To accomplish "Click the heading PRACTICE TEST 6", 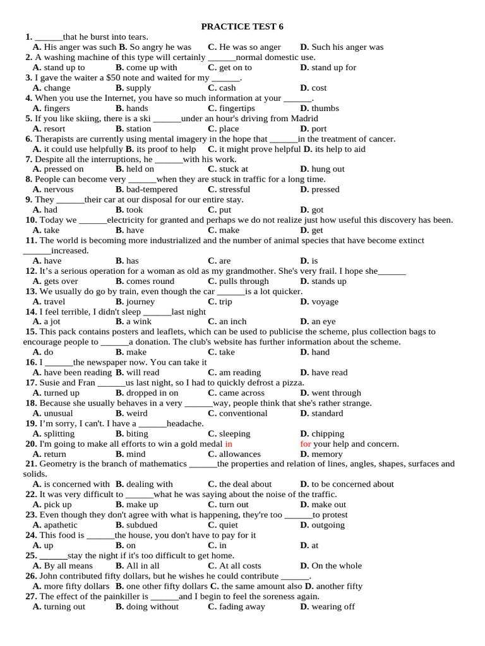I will tap(242, 26).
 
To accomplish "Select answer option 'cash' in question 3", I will tap(227, 88).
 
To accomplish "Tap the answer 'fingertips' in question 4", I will tap(237, 109).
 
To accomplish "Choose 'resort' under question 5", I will tap(54, 129).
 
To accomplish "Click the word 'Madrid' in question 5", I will tap(303, 119).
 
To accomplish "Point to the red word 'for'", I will tap(306, 444).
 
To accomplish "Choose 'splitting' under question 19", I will tap(59, 434).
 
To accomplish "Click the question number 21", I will tap(31, 464).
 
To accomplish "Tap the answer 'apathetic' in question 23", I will tap(61, 526).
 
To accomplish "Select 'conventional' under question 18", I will tap(243, 414).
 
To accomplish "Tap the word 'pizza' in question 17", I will tap(291, 383).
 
